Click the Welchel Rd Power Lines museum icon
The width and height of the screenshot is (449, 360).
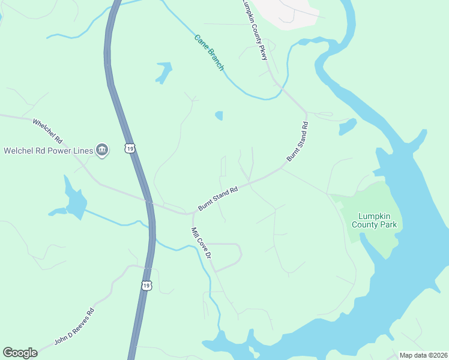pos(102,149)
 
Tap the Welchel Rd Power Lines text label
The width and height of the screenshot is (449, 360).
pos(48,150)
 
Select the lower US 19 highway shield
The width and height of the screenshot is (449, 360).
pos(146,286)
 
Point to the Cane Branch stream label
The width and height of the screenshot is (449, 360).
pos(208,53)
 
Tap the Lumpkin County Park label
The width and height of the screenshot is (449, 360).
pos(378,220)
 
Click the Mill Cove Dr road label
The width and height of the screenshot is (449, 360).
pos(202,243)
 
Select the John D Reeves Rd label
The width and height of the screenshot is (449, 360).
pos(75,326)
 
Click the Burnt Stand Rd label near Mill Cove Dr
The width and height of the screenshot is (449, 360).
pos(218,198)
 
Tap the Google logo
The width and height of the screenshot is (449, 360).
pos(20,353)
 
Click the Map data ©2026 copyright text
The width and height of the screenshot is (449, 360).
pos(423,355)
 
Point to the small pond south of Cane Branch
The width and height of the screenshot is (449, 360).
pos(219,115)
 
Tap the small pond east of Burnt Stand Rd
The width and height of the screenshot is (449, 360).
pos(347,126)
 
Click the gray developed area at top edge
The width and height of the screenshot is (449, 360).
pos(288,12)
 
